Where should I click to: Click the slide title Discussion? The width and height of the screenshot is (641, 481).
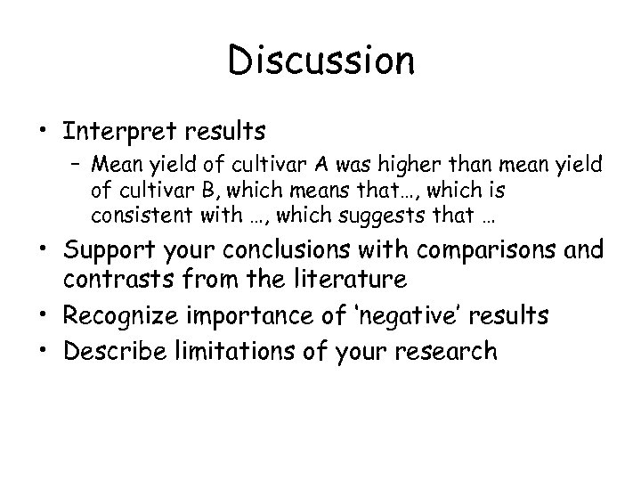(320, 61)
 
